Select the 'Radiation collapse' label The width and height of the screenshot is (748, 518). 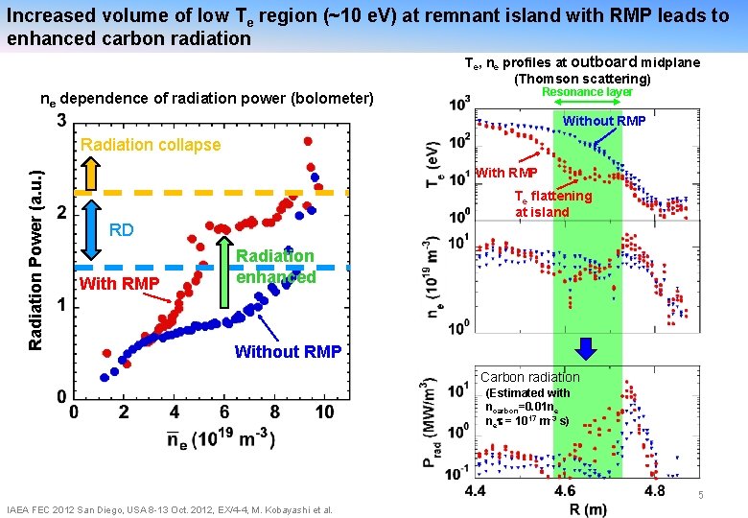coord(151,145)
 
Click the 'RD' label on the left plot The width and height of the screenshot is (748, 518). coord(121,230)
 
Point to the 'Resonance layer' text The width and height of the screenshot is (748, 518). coord(587,93)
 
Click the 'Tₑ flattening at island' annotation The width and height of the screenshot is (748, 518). coord(553,203)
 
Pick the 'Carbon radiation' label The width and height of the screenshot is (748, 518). coord(529,377)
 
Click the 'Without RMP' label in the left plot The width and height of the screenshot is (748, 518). coord(288,351)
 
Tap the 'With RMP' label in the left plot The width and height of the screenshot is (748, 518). coord(119,283)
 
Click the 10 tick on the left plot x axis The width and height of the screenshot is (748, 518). coord(325,412)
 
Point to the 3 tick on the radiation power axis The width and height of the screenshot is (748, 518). coord(61,122)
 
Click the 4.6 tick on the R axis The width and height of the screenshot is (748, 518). coord(565,490)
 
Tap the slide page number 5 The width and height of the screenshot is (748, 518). coord(701,496)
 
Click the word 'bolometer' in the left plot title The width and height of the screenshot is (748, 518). coord(335,97)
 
